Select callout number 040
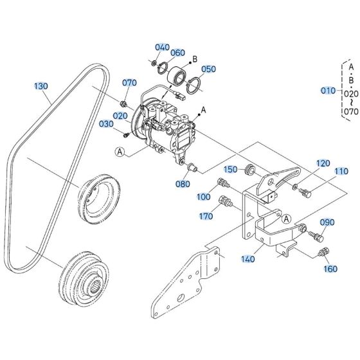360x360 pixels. pyautogui.click(x=162, y=48)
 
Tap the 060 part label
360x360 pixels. pyautogui.click(x=177, y=53)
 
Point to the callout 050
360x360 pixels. pyautogui.click(x=208, y=69)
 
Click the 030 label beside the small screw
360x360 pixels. pyautogui.click(x=106, y=124)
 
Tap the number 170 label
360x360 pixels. pyautogui.click(x=205, y=217)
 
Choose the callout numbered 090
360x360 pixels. pyautogui.click(x=327, y=222)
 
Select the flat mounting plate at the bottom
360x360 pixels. pyautogui.click(x=186, y=283)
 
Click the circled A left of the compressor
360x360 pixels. pyautogui.click(x=120, y=152)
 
